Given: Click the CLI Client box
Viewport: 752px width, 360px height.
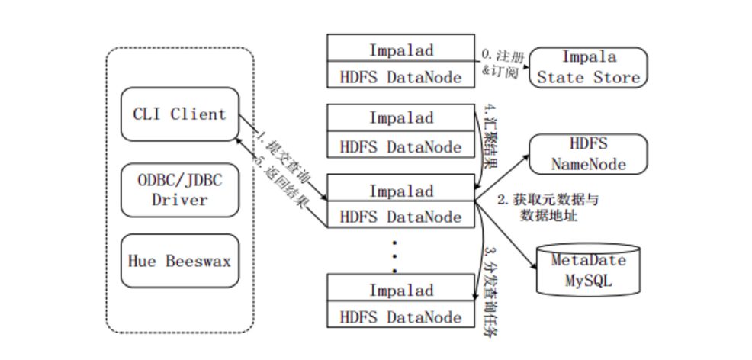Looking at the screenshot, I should click(179, 114).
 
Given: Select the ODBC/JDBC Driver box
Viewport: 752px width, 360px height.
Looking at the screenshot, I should click(179, 189).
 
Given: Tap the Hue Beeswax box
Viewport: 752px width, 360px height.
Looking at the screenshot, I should click(179, 260).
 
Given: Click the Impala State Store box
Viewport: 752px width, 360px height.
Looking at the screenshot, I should click(588, 68).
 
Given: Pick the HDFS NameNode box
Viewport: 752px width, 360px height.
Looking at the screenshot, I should click(588, 153).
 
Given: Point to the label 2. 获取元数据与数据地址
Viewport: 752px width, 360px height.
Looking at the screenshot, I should click(548, 207).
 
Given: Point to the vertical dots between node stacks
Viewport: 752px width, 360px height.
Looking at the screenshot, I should click(394, 255).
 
